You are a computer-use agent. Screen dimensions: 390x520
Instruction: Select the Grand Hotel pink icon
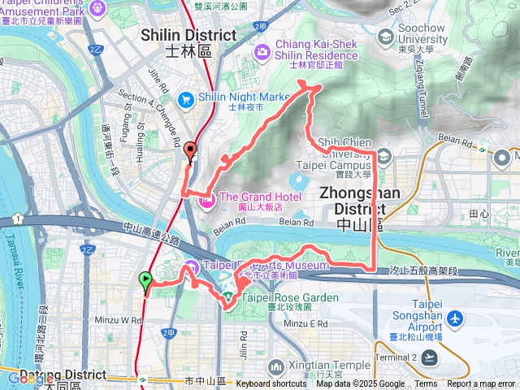tap(206, 197)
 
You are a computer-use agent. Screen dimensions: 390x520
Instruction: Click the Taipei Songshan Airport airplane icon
tap(454, 319)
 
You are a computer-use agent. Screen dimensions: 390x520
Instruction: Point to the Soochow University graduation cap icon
tap(385, 37)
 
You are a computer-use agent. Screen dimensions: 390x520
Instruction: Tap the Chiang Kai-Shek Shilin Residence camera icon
tap(262, 53)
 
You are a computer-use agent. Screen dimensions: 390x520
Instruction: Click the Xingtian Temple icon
tap(276, 367)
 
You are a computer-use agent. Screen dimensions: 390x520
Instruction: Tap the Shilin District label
tap(188, 42)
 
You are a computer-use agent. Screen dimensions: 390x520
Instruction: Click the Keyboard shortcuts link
tap(271, 384)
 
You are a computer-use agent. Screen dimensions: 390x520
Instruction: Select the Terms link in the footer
tap(426, 384)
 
